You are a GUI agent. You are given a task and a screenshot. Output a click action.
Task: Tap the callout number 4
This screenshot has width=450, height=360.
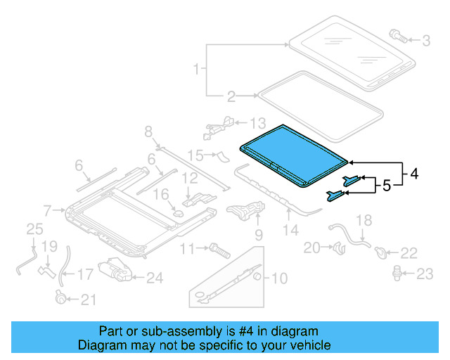(414, 173)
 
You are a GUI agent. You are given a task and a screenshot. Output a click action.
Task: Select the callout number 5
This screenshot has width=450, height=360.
(386, 186)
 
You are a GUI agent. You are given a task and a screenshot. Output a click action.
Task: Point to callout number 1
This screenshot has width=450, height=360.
(197, 69)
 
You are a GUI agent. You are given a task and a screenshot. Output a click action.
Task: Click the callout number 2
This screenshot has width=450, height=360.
(230, 96)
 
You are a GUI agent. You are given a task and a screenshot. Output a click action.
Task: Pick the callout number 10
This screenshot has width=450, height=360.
(279, 278)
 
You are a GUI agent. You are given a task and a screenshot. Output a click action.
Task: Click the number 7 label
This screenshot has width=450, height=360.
(47, 210)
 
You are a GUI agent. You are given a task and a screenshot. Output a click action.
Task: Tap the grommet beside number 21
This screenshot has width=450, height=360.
(62, 298)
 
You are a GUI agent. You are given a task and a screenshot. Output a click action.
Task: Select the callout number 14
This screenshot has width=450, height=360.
(290, 229)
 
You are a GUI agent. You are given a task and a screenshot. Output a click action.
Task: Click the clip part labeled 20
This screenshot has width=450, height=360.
(339, 247)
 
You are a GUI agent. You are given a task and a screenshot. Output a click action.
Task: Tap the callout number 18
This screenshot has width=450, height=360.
(363, 221)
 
